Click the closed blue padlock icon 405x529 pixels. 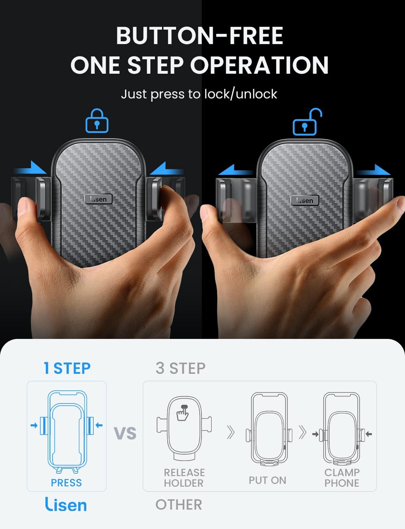coord(97,121)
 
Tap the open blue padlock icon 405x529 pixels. coord(307,122)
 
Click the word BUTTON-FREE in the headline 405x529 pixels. coord(200,36)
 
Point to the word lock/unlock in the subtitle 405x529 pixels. coord(241,94)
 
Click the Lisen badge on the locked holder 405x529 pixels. coord(99,199)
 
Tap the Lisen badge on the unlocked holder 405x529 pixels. coord(305,200)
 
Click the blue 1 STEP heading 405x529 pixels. coord(67,368)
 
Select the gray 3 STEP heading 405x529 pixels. coord(181,368)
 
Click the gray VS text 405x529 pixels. coord(125,433)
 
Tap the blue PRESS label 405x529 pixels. coord(66,482)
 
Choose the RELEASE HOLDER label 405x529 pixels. coord(184,478)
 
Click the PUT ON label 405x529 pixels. coord(267,480)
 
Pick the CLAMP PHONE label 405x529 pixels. coord(342,478)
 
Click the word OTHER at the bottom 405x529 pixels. coord(179,504)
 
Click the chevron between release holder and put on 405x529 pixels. coord(231,432)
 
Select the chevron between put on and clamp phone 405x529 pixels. coord(303,432)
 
